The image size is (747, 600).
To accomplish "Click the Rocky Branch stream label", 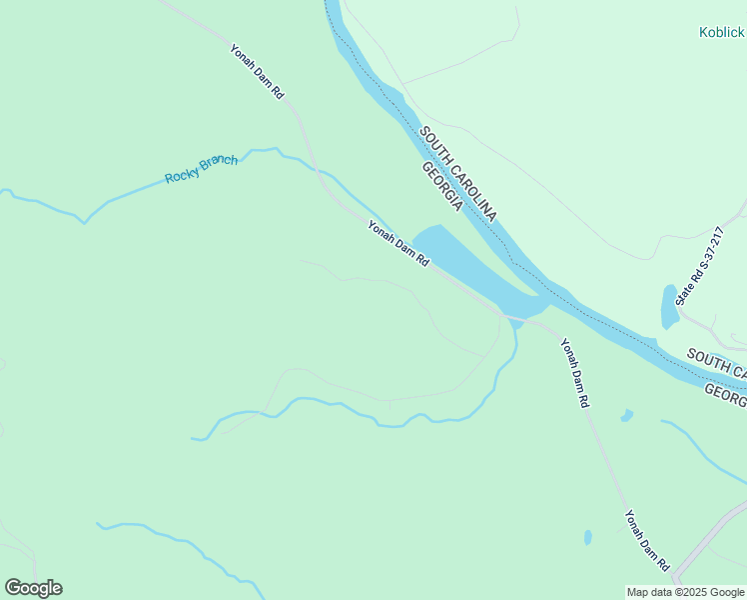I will click(201, 169).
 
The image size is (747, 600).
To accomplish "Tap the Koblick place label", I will click(721, 32).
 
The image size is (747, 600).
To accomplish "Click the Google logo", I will click(33, 588).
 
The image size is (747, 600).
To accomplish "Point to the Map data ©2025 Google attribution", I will click(686, 592).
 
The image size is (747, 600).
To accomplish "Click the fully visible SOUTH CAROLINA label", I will click(457, 175).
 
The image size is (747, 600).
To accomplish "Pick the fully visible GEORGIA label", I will click(442, 187).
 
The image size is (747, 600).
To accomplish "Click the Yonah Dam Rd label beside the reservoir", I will click(397, 243).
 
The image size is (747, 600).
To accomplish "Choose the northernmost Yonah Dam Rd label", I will click(258, 70).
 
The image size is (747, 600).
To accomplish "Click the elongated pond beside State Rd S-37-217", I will click(670, 307).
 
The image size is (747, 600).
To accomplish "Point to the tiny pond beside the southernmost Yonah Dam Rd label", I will click(587, 537).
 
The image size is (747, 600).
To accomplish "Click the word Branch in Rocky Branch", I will click(221, 164).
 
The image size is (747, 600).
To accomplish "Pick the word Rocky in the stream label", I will click(182, 175).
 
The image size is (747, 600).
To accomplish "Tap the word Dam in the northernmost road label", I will click(259, 71).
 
